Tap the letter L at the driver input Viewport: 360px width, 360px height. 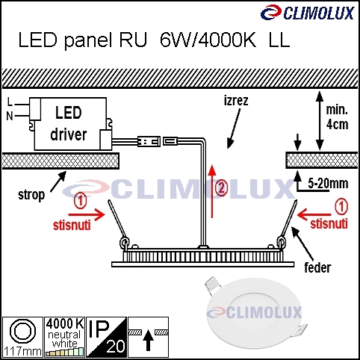coord(10,102)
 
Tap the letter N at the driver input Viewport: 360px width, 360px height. coord(10,116)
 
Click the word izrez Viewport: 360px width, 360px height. coord(236,101)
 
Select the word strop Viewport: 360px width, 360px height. coord(31,195)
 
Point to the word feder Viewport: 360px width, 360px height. coord(317,267)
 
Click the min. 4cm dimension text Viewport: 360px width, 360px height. coord(337,117)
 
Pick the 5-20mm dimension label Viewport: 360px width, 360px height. coord(328,184)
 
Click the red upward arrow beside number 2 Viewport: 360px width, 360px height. coord(212,191)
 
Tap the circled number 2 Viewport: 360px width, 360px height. coord(221,188)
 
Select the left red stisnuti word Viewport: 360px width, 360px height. coord(72,226)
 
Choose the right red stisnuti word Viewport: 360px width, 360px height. coord(329,223)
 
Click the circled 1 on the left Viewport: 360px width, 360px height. coord(81,202)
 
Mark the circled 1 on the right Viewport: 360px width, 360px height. coord(341,206)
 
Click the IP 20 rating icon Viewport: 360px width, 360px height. coord(106,337)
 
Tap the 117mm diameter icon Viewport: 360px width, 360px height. coord(22,337)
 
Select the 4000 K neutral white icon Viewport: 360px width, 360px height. coord(64,337)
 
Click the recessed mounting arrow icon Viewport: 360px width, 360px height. coord(148,337)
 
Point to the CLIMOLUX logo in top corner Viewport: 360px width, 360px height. coord(308,13)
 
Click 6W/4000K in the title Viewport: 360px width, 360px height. coord(208,40)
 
